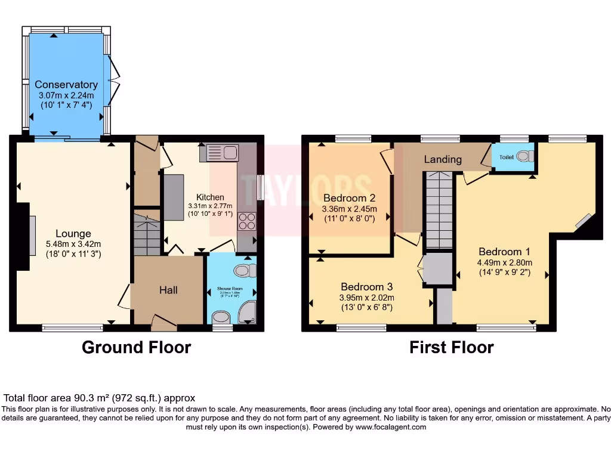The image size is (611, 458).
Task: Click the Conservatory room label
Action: click(66, 85)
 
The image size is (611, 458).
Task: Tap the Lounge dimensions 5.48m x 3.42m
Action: click(73, 243)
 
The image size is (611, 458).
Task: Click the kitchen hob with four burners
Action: click(246, 221)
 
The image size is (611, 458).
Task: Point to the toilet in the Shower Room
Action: click(242, 271)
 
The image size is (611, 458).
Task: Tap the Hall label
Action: click(168, 290)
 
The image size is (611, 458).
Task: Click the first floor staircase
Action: click(439, 209)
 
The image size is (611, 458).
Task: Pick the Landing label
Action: click(443, 159)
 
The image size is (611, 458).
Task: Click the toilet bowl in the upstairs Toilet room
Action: click(523, 156)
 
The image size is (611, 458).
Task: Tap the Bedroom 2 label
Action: click(349, 198)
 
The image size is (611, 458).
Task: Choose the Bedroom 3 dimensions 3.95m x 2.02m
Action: click(366, 298)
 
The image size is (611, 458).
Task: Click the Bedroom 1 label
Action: click(504, 252)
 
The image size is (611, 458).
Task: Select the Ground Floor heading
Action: click(136, 347)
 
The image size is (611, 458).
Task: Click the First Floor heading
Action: click(451, 347)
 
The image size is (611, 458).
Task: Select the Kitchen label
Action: click(210, 197)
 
